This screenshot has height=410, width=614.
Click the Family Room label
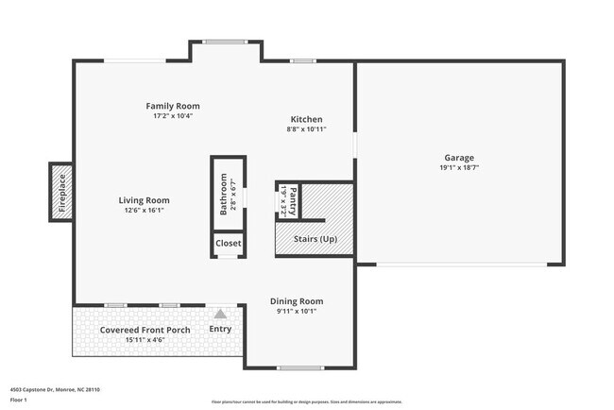pyautogui.click(x=172, y=106)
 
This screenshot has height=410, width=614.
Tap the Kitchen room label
pyautogui.click(x=306, y=119)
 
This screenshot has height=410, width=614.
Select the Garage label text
pyautogui.click(x=459, y=158)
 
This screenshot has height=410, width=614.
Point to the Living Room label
pyautogui.click(x=144, y=200)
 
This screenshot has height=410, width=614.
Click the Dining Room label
pyautogui.click(x=297, y=300)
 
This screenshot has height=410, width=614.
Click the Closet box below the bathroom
pyautogui.click(x=229, y=243)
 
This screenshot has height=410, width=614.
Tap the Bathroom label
pyautogui.click(x=224, y=195)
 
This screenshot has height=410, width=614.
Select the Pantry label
pyautogui.click(x=293, y=200)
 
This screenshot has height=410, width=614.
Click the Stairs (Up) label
pyautogui.click(x=315, y=239)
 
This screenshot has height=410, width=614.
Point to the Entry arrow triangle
pyautogui.click(x=220, y=314)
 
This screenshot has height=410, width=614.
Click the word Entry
pyautogui.click(x=220, y=329)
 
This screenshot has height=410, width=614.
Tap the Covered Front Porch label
pyautogui.click(x=145, y=330)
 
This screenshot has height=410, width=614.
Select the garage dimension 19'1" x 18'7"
pyautogui.click(x=459, y=168)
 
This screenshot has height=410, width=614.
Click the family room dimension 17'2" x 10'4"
pyautogui.click(x=172, y=116)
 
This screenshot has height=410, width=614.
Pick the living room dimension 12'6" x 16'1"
pyautogui.click(x=144, y=211)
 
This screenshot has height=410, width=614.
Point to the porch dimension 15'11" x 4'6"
pyautogui.click(x=145, y=339)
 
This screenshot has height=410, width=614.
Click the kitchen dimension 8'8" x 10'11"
pyautogui.click(x=306, y=129)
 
